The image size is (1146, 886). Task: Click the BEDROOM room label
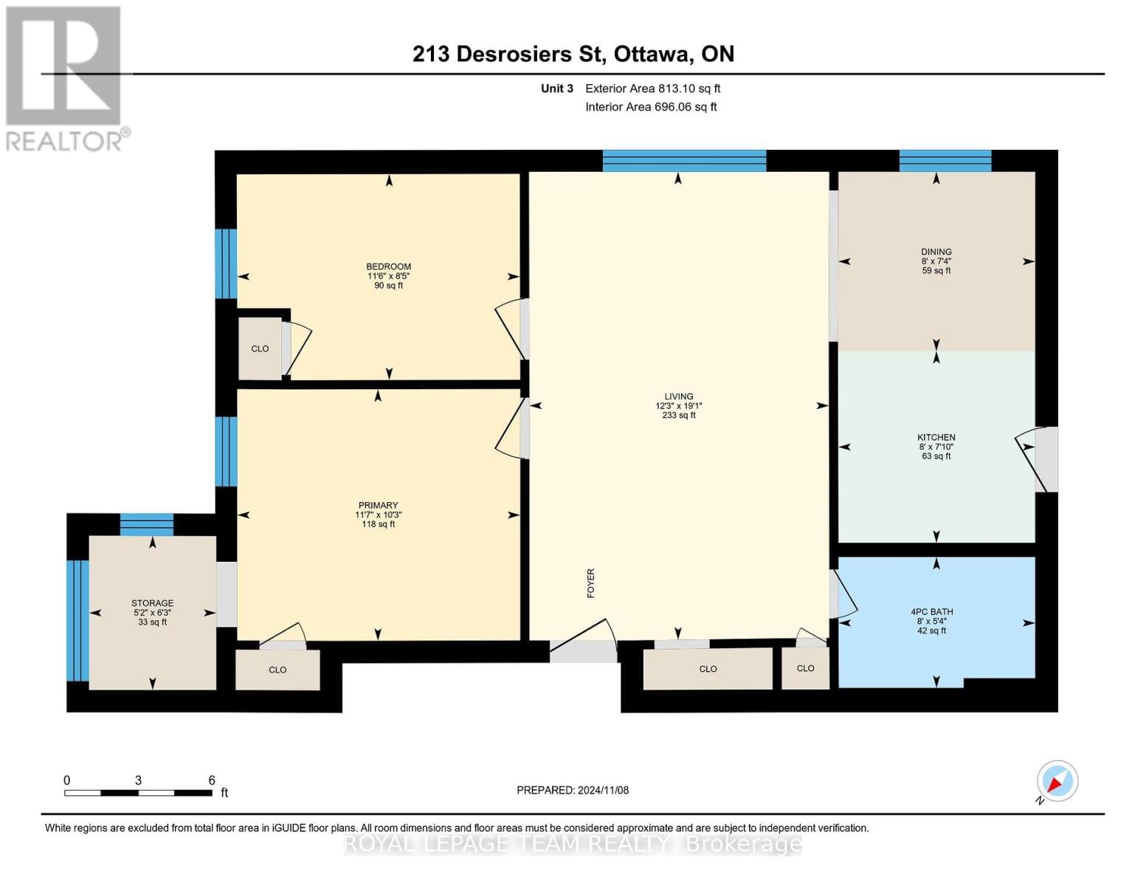tap(388, 267)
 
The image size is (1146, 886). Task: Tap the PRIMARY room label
tap(378, 506)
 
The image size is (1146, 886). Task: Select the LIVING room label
tap(678, 396)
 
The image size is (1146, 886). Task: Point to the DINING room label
tap(936, 252)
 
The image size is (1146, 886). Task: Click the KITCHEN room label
tap(936, 438)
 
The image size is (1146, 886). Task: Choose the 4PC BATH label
tap(931, 612)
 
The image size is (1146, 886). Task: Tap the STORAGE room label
tap(153, 603)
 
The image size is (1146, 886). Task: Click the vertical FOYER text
tap(590, 583)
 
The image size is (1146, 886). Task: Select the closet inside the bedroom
tap(260, 348)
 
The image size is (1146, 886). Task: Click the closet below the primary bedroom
tap(277, 670)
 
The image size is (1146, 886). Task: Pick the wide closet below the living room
tap(708, 669)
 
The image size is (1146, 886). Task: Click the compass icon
tap(1057, 781)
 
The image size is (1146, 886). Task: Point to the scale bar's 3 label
tap(138, 780)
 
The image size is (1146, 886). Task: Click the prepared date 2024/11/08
tap(572, 790)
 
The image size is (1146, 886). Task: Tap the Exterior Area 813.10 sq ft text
tap(652, 89)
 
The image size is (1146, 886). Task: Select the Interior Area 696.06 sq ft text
tap(651, 107)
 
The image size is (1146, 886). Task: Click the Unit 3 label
tap(556, 89)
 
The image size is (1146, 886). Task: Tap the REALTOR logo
tap(65, 78)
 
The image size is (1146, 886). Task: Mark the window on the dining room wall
tap(945, 160)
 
